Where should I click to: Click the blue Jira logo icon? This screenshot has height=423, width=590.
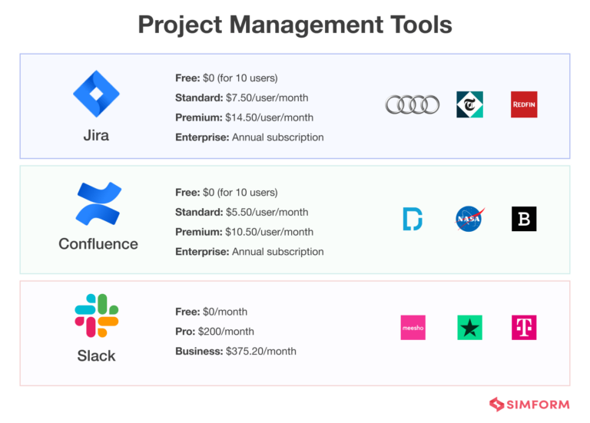pyautogui.click(x=96, y=94)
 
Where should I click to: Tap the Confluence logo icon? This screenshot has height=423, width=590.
pyautogui.click(x=98, y=203)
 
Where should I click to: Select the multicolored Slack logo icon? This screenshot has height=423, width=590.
pyautogui.click(x=96, y=315)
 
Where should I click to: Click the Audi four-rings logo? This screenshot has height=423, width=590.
pyautogui.click(x=413, y=104)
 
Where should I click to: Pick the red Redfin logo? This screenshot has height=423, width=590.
pyautogui.click(x=524, y=104)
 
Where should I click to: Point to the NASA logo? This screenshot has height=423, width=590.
pyautogui.click(x=469, y=219)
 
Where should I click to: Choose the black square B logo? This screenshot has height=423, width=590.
pyautogui.click(x=524, y=219)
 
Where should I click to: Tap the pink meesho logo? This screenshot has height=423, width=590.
pyautogui.click(x=413, y=328)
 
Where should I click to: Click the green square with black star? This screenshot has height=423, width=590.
pyautogui.click(x=469, y=328)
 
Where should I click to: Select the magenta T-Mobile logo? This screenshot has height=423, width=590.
pyautogui.click(x=524, y=328)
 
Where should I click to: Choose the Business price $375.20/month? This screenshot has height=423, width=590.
pyautogui.click(x=261, y=351)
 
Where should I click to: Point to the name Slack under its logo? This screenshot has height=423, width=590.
pyautogui.click(x=96, y=355)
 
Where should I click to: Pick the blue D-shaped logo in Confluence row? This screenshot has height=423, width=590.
pyautogui.click(x=413, y=219)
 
